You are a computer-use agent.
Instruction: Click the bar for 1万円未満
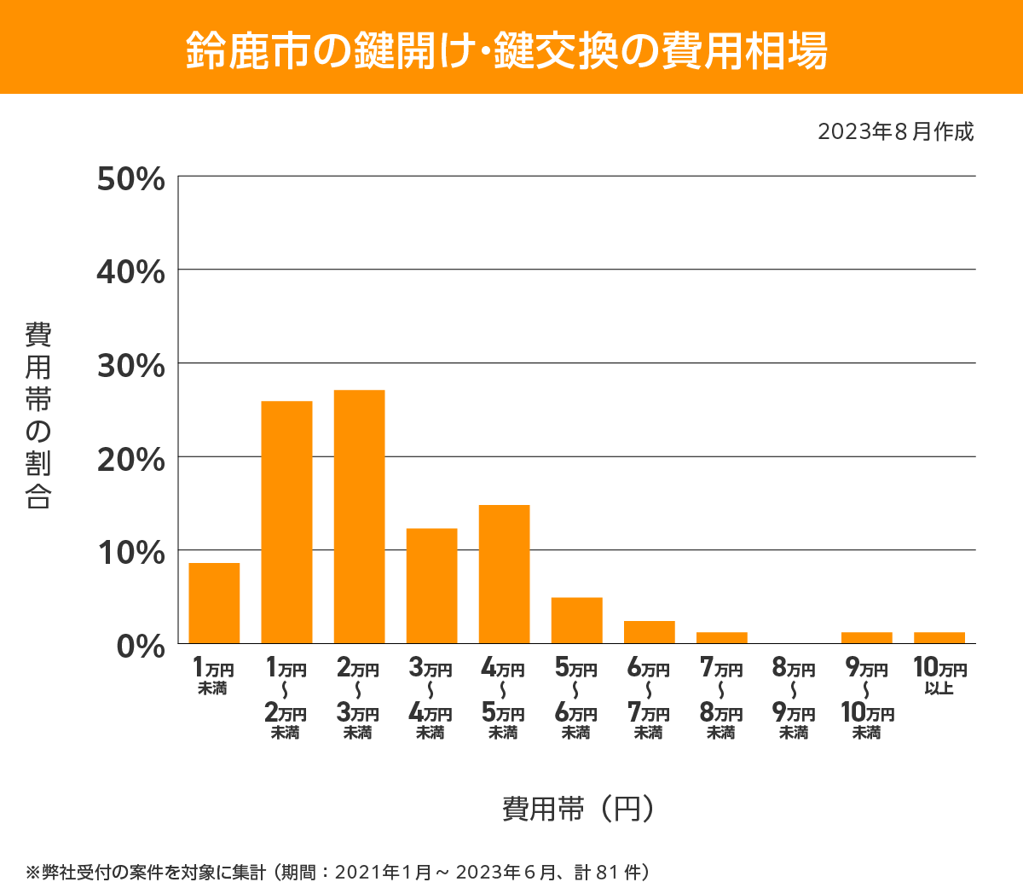(x=214, y=603)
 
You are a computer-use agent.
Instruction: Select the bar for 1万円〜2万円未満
(x=286, y=522)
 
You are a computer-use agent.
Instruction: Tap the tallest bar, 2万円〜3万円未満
(x=359, y=516)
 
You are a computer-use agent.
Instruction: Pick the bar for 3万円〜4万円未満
(x=431, y=586)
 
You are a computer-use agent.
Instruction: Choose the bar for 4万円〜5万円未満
(x=504, y=574)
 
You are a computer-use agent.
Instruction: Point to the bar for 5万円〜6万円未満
(x=576, y=620)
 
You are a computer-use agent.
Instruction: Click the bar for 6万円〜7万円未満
(x=649, y=632)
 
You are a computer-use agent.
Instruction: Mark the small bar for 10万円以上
(x=939, y=638)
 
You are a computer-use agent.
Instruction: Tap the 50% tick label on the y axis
(x=130, y=179)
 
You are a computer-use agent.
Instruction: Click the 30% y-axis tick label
(x=130, y=366)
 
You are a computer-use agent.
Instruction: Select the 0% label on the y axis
(x=140, y=646)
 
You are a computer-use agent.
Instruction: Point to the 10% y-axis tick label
(x=130, y=553)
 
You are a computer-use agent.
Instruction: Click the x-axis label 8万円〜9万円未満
(x=794, y=699)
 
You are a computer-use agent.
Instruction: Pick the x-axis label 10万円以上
(x=939, y=676)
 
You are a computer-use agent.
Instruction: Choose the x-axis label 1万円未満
(x=213, y=676)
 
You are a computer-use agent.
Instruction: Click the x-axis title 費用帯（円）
(x=578, y=808)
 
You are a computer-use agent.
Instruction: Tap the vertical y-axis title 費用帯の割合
(x=38, y=415)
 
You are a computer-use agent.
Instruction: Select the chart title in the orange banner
(x=507, y=49)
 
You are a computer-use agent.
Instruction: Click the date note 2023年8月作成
(x=895, y=132)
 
